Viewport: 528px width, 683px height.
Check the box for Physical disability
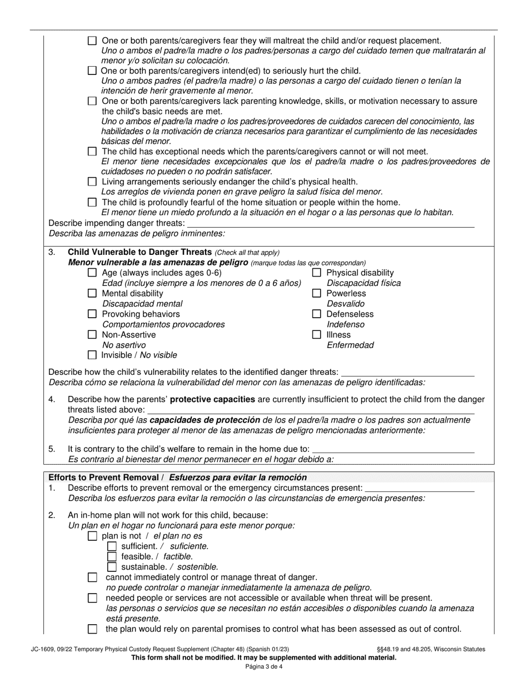[317, 273]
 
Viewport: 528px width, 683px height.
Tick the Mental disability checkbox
[93, 293]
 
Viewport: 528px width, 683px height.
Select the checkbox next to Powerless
[317, 293]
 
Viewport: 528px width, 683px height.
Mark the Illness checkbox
[317, 335]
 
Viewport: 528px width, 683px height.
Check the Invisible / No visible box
[93, 355]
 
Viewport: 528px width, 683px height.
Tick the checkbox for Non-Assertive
[93, 335]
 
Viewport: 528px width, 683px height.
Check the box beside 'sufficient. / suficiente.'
[112, 546]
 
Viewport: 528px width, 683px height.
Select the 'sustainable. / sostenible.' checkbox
[112, 567]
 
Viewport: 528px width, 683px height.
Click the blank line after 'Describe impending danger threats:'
[330, 223]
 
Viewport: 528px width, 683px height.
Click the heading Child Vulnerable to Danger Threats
[139, 252]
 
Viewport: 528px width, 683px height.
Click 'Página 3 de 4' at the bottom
[264, 667]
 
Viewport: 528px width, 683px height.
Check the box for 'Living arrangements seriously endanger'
[93, 182]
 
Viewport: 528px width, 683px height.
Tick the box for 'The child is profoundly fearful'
[93, 202]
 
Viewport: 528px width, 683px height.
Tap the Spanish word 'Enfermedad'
[350, 345]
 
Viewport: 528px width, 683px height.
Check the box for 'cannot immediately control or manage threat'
[93, 577]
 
